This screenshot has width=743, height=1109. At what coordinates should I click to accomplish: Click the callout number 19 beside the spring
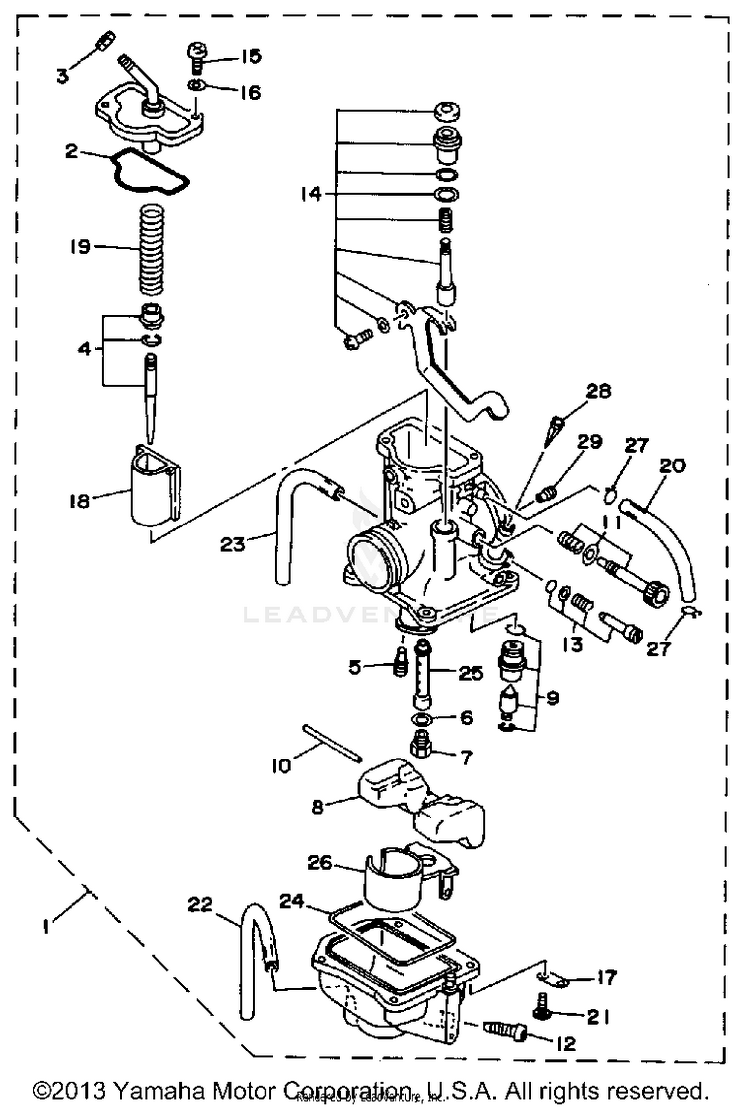[x=80, y=247]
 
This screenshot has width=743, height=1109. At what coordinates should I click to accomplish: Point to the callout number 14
[x=311, y=194]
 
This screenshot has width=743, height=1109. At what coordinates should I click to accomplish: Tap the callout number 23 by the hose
[x=233, y=545]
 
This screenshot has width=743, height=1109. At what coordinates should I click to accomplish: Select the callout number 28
[x=598, y=391]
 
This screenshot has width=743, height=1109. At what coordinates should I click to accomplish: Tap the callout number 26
[x=319, y=862]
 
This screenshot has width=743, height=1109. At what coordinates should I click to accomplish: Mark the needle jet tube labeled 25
[x=422, y=674]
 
